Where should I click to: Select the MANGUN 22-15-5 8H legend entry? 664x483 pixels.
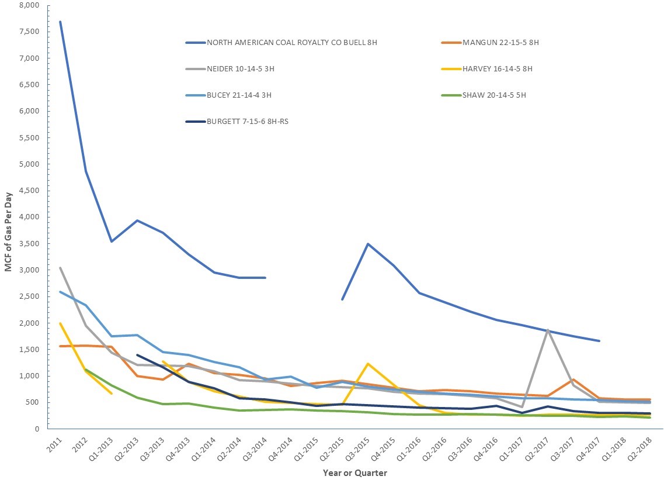[500, 43]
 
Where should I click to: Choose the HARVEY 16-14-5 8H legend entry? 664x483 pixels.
[497, 69]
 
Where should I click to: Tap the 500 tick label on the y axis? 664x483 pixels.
[32, 402]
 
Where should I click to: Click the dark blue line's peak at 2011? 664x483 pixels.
[60, 22]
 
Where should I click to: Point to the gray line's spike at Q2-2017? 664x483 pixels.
[548, 330]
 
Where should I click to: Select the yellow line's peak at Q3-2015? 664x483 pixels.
[368, 364]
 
